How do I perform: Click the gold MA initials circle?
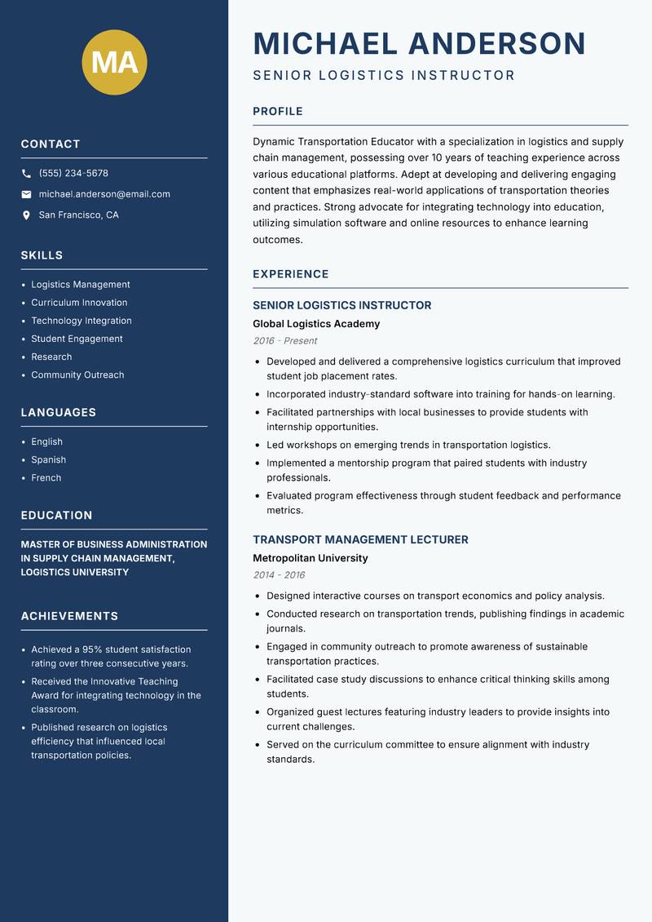(115, 61)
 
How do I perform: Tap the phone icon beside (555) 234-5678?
(26, 174)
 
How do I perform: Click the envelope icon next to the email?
(26, 194)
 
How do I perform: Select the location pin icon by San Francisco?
(26, 215)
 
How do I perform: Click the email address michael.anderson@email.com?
(104, 194)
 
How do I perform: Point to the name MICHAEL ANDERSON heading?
(420, 44)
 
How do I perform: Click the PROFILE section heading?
(278, 112)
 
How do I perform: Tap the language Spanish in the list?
(49, 459)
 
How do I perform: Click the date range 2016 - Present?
(284, 341)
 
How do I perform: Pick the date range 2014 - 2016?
(279, 575)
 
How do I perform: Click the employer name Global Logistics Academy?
(316, 324)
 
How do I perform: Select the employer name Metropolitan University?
(311, 558)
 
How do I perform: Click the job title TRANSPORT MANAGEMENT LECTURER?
(360, 540)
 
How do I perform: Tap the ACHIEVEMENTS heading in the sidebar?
(69, 616)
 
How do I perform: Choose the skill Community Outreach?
(77, 375)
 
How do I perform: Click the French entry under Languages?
(46, 477)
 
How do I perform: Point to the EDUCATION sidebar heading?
(57, 516)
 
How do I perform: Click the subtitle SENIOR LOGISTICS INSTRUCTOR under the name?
(384, 76)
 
